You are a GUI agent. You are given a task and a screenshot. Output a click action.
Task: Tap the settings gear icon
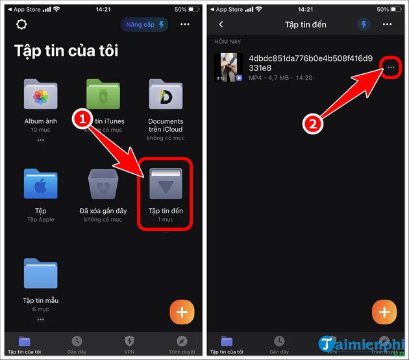click(x=23, y=25)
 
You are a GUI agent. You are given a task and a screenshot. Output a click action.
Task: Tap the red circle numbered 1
click(x=82, y=119)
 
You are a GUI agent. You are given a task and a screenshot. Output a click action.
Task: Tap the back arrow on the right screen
click(x=221, y=25)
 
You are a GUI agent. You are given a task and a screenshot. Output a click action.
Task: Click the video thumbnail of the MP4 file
click(x=229, y=67)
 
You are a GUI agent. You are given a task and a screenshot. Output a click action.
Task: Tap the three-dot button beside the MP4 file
click(x=390, y=67)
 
